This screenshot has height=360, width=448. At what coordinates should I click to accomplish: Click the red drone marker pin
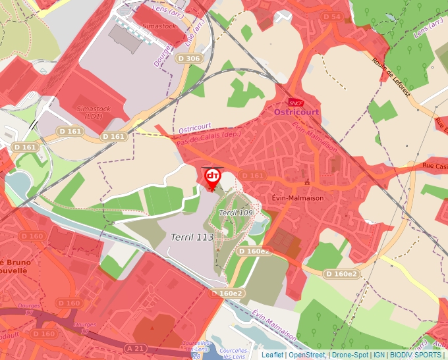(212, 177)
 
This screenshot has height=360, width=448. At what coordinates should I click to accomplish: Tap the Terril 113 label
(192, 237)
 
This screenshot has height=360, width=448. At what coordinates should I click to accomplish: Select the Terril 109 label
(236, 213)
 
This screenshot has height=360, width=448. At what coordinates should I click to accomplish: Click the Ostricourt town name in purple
(296, 113)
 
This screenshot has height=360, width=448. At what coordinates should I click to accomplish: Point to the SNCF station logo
(295, 102)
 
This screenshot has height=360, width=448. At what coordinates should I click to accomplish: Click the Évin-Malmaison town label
(295, 197)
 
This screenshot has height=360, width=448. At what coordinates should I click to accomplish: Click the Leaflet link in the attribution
(272, 355)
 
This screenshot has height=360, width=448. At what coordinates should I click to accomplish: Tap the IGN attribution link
(379, 355)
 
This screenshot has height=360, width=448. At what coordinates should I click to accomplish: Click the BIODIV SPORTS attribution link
(415, 355)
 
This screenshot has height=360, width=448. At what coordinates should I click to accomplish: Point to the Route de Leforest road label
(391, 78)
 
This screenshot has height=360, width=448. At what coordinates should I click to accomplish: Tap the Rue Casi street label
(434, 166)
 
